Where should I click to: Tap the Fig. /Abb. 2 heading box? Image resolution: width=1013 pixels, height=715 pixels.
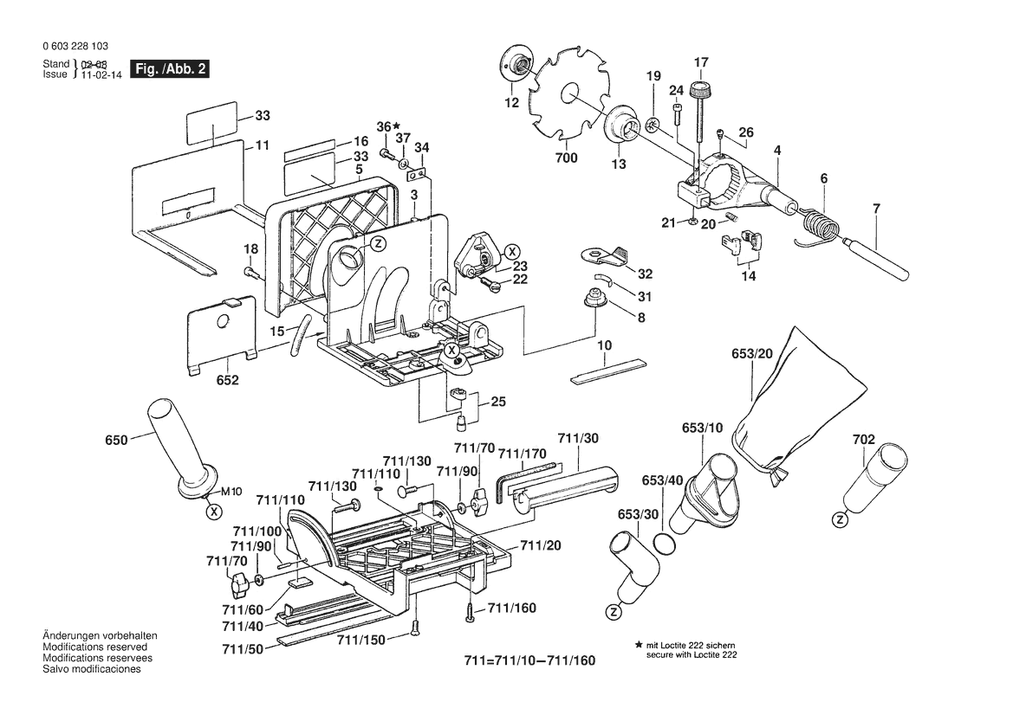pos(169,69)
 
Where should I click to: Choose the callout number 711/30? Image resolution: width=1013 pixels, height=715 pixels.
pos(578,439)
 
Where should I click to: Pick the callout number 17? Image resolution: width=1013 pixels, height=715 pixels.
pos(701,61)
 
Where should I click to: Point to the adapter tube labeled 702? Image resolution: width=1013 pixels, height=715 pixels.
pos(875,478)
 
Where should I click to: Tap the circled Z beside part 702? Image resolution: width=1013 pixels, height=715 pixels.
pos(839,519)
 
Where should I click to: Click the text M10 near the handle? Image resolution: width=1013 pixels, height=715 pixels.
pos(230,492)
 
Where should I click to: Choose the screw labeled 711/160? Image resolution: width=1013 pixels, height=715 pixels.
pos(470,610)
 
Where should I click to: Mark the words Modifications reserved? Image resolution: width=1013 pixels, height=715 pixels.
pos(94,647)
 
